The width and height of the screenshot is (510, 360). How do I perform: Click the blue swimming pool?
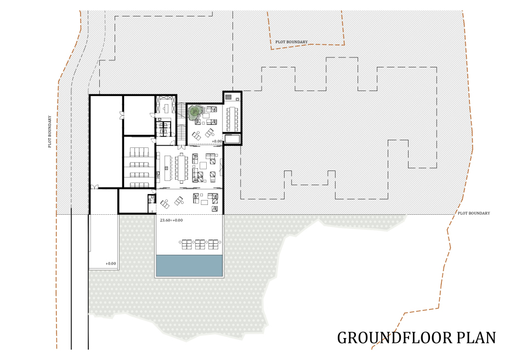pyautogui.click(x=190, y=265)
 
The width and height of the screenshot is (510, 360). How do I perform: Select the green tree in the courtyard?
pyautogui.click(x=195, y=112)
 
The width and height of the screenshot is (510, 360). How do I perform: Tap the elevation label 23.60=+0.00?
pyautogui.click(x=172, y=220)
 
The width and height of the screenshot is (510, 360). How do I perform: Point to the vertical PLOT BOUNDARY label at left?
pyautogui.click(x=50, y=132)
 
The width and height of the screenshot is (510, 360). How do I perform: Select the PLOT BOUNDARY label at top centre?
pyautogui.click(x=291, y=42)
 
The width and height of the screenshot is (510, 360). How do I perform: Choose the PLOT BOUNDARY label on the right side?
pyautogui.click(x=474, y=213)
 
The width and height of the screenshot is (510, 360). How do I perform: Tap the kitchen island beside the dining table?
pyautogui.click(x=168, y=168)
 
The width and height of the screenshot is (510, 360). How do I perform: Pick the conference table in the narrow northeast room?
pyautogui.click(x=232, y=118)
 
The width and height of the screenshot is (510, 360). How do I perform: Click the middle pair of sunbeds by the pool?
pyautogui.click(x=200, y=244)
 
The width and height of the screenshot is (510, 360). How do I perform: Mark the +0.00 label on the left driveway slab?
pyautogui.click(x=111, y=264)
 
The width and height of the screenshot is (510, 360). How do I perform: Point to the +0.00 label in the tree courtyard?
pyautogui.click(x=217, y=141)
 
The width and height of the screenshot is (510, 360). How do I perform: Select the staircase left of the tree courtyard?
pyautogui.click(x=181, y=124)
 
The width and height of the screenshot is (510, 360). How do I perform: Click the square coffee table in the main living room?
pyautogui.click(x=203, y=165)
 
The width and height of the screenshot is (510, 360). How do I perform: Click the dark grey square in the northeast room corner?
pyautogui.click(x=228, y=97)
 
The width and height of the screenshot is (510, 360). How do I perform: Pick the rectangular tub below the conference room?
pyautogui.click(x=232, y=139)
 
